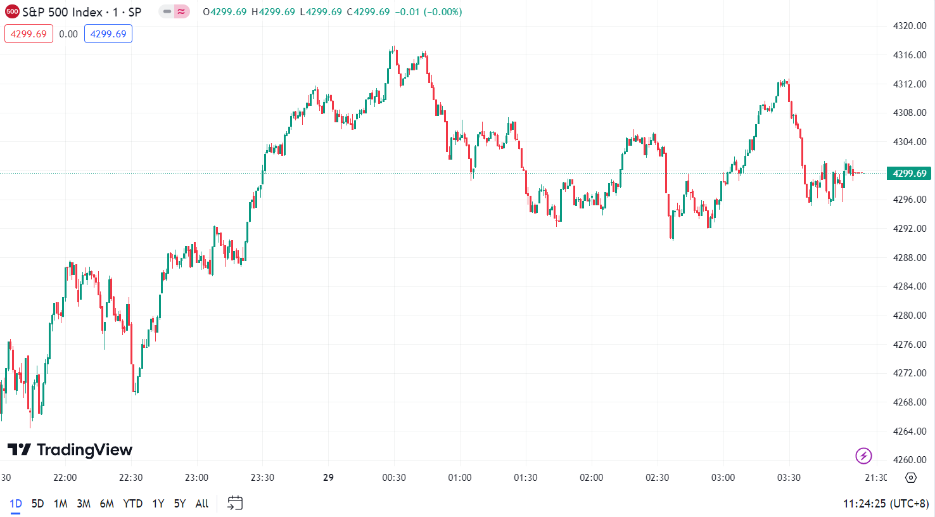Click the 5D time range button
[37, 504]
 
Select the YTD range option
[132, 504]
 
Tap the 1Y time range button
[158, 504]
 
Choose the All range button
[202, 504]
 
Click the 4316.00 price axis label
[909, 55]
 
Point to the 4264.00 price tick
[909, 431]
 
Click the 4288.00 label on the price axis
[909, 258]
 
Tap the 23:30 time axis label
[262, 478]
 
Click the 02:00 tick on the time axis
[591, 478]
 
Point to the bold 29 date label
[328, 478]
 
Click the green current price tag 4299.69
[909, 174]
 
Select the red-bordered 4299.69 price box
[29, 34]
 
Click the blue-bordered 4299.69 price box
[108, 34]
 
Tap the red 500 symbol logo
[12, 12]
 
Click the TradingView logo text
[70, 450]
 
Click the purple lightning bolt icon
[863, 456]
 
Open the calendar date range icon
[235, 504]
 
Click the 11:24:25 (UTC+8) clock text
[885, 504]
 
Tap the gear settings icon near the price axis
[911, 478]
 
